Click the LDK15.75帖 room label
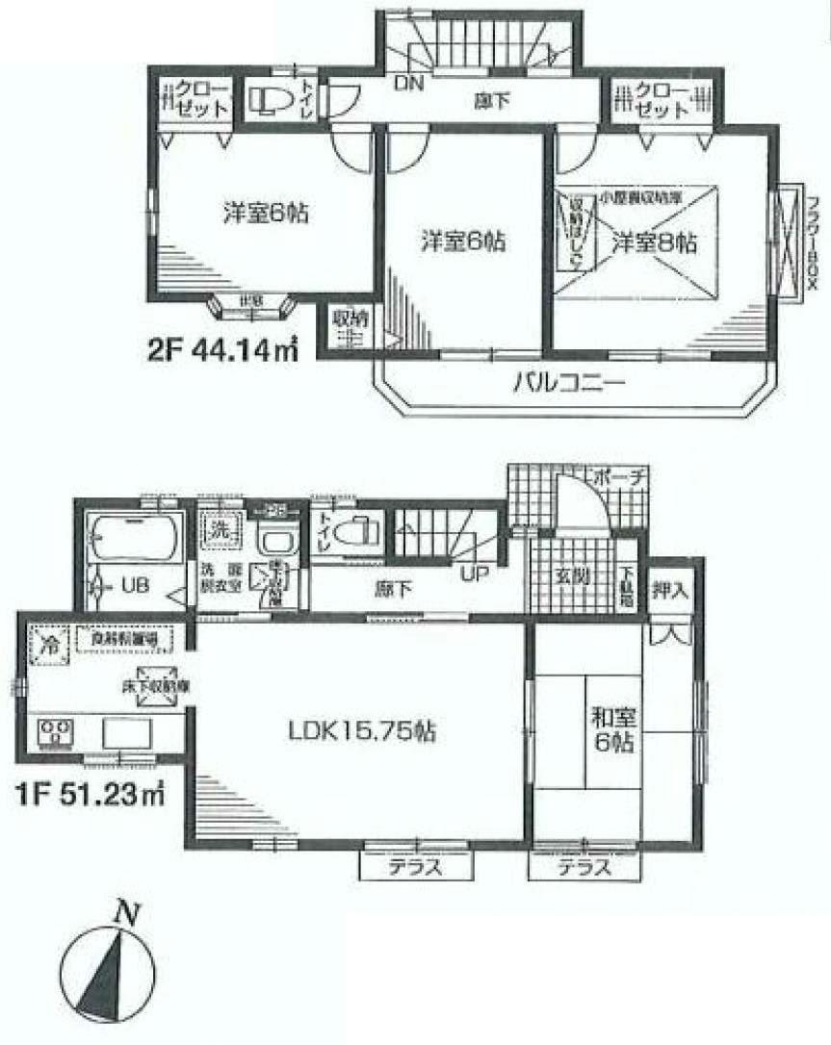point(362,731)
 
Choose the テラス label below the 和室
point(584,867)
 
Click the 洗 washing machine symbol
point(220,528)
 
